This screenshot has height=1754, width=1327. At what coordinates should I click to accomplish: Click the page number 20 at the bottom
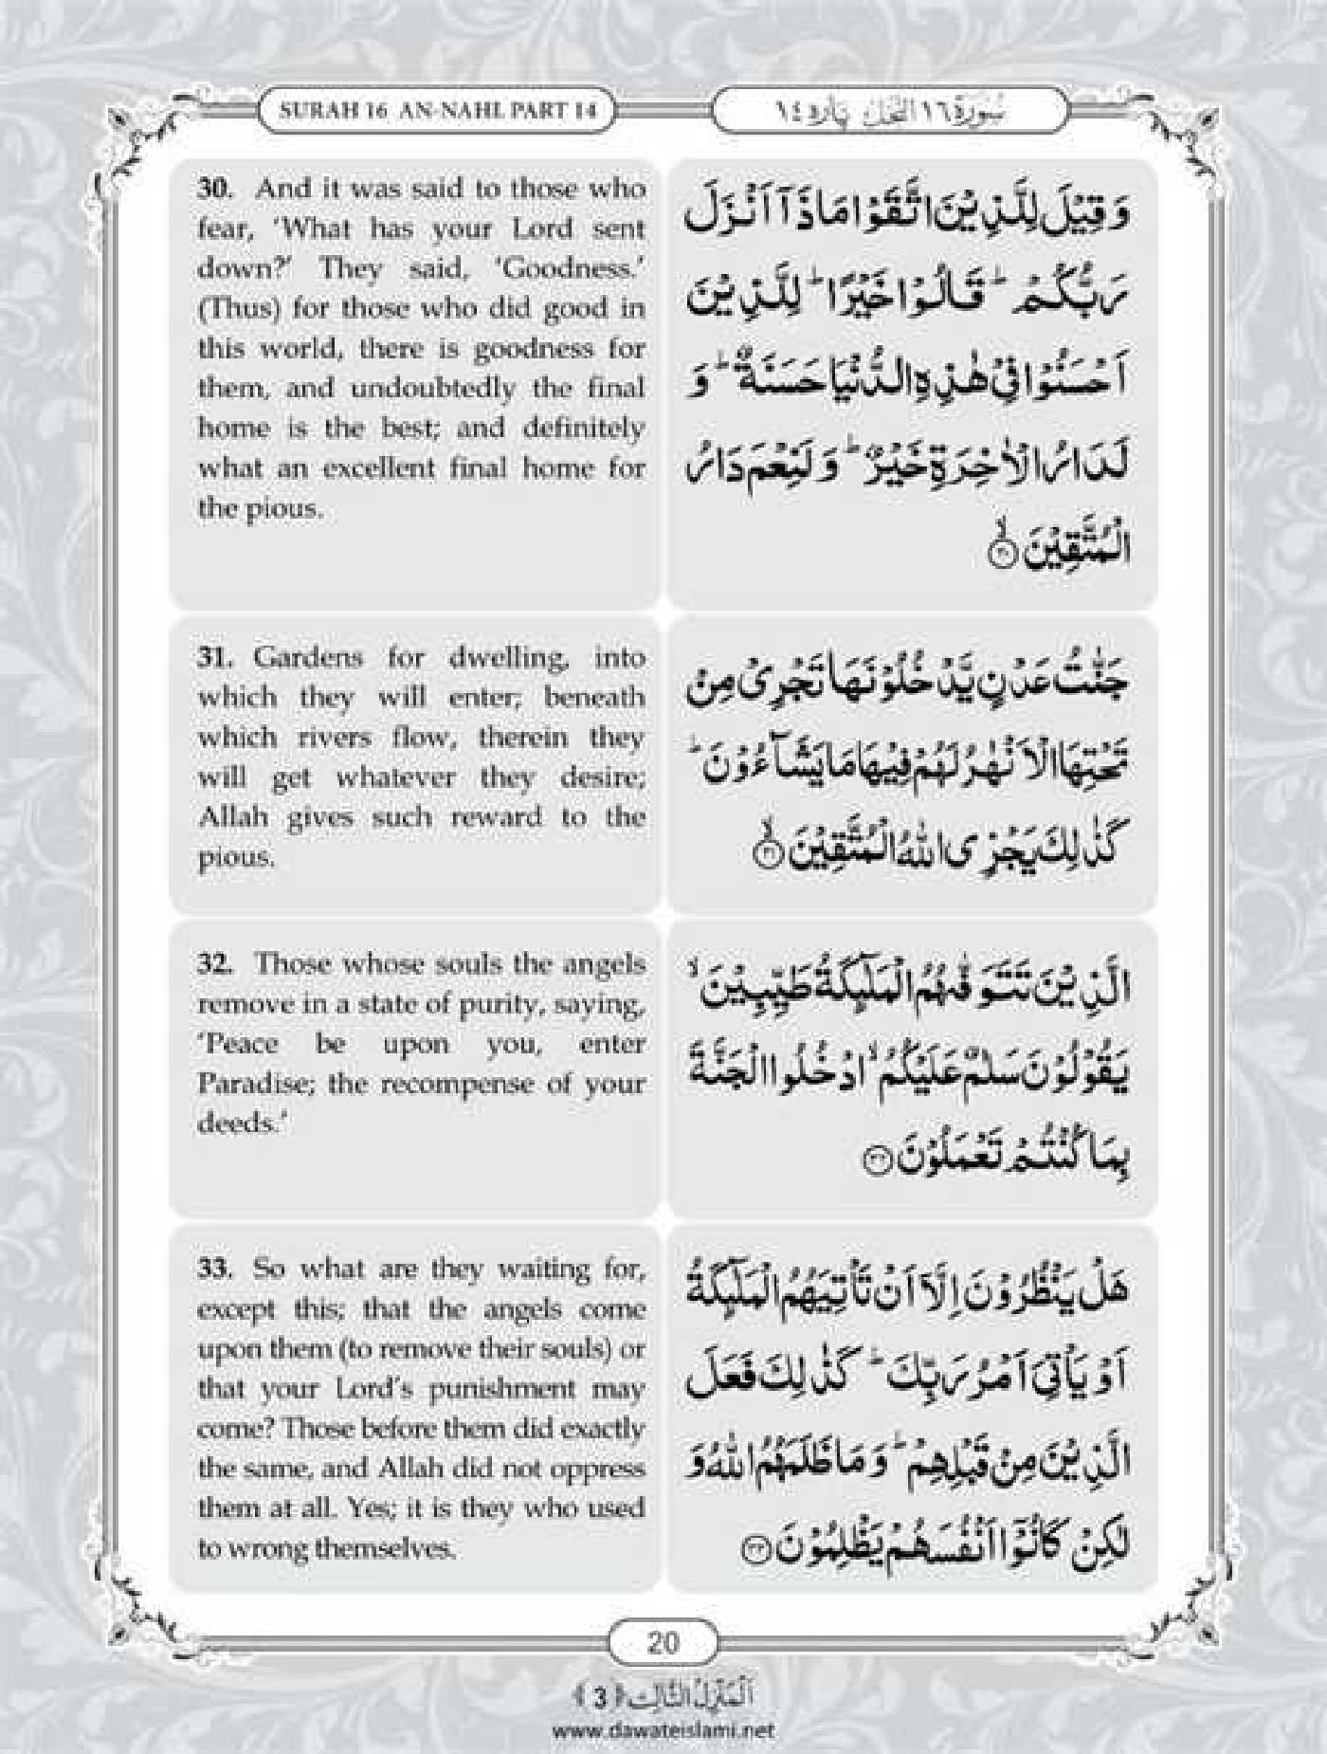point(663,1641)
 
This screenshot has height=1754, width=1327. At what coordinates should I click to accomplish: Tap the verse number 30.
point(213,188)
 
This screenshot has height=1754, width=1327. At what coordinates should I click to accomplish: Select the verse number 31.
point(213,657)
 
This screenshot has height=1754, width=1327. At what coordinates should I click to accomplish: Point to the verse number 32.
point(213,963)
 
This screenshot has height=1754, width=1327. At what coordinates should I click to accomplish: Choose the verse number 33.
point(213,1269)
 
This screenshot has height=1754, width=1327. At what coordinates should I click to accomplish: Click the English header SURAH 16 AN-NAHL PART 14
point(438,110)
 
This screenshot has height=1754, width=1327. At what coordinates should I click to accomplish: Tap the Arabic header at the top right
point(888,111)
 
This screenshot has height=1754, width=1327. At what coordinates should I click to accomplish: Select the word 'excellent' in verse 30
point(387,468)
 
